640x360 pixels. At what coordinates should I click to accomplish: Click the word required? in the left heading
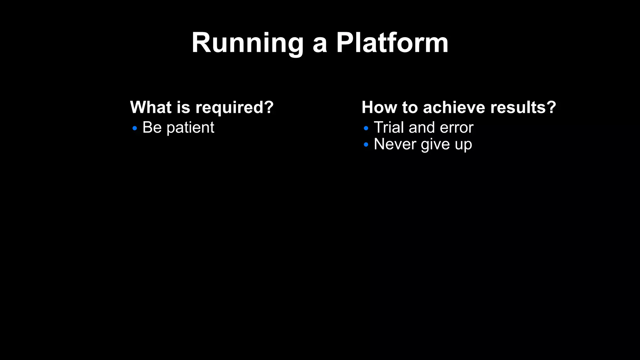tap(234, 108)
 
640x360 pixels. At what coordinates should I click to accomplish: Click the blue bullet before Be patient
tap(135, 128)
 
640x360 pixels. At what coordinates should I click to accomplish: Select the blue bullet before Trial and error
tap(366, 128)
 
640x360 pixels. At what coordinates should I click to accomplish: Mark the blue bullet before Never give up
tap(366, 145)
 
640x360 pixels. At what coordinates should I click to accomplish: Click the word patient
tap(190, 128)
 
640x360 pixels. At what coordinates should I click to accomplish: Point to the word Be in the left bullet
tap(152, 127)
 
